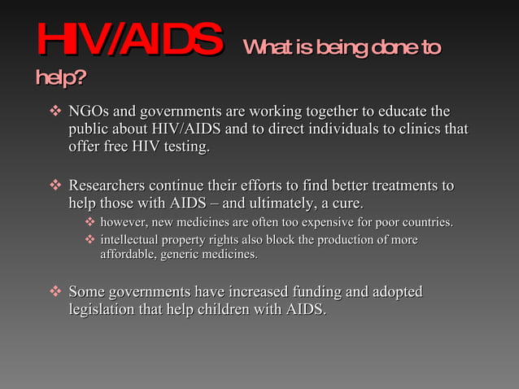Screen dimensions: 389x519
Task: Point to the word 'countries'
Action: coord(423,222)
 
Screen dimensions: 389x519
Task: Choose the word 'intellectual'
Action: coord(131,239)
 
